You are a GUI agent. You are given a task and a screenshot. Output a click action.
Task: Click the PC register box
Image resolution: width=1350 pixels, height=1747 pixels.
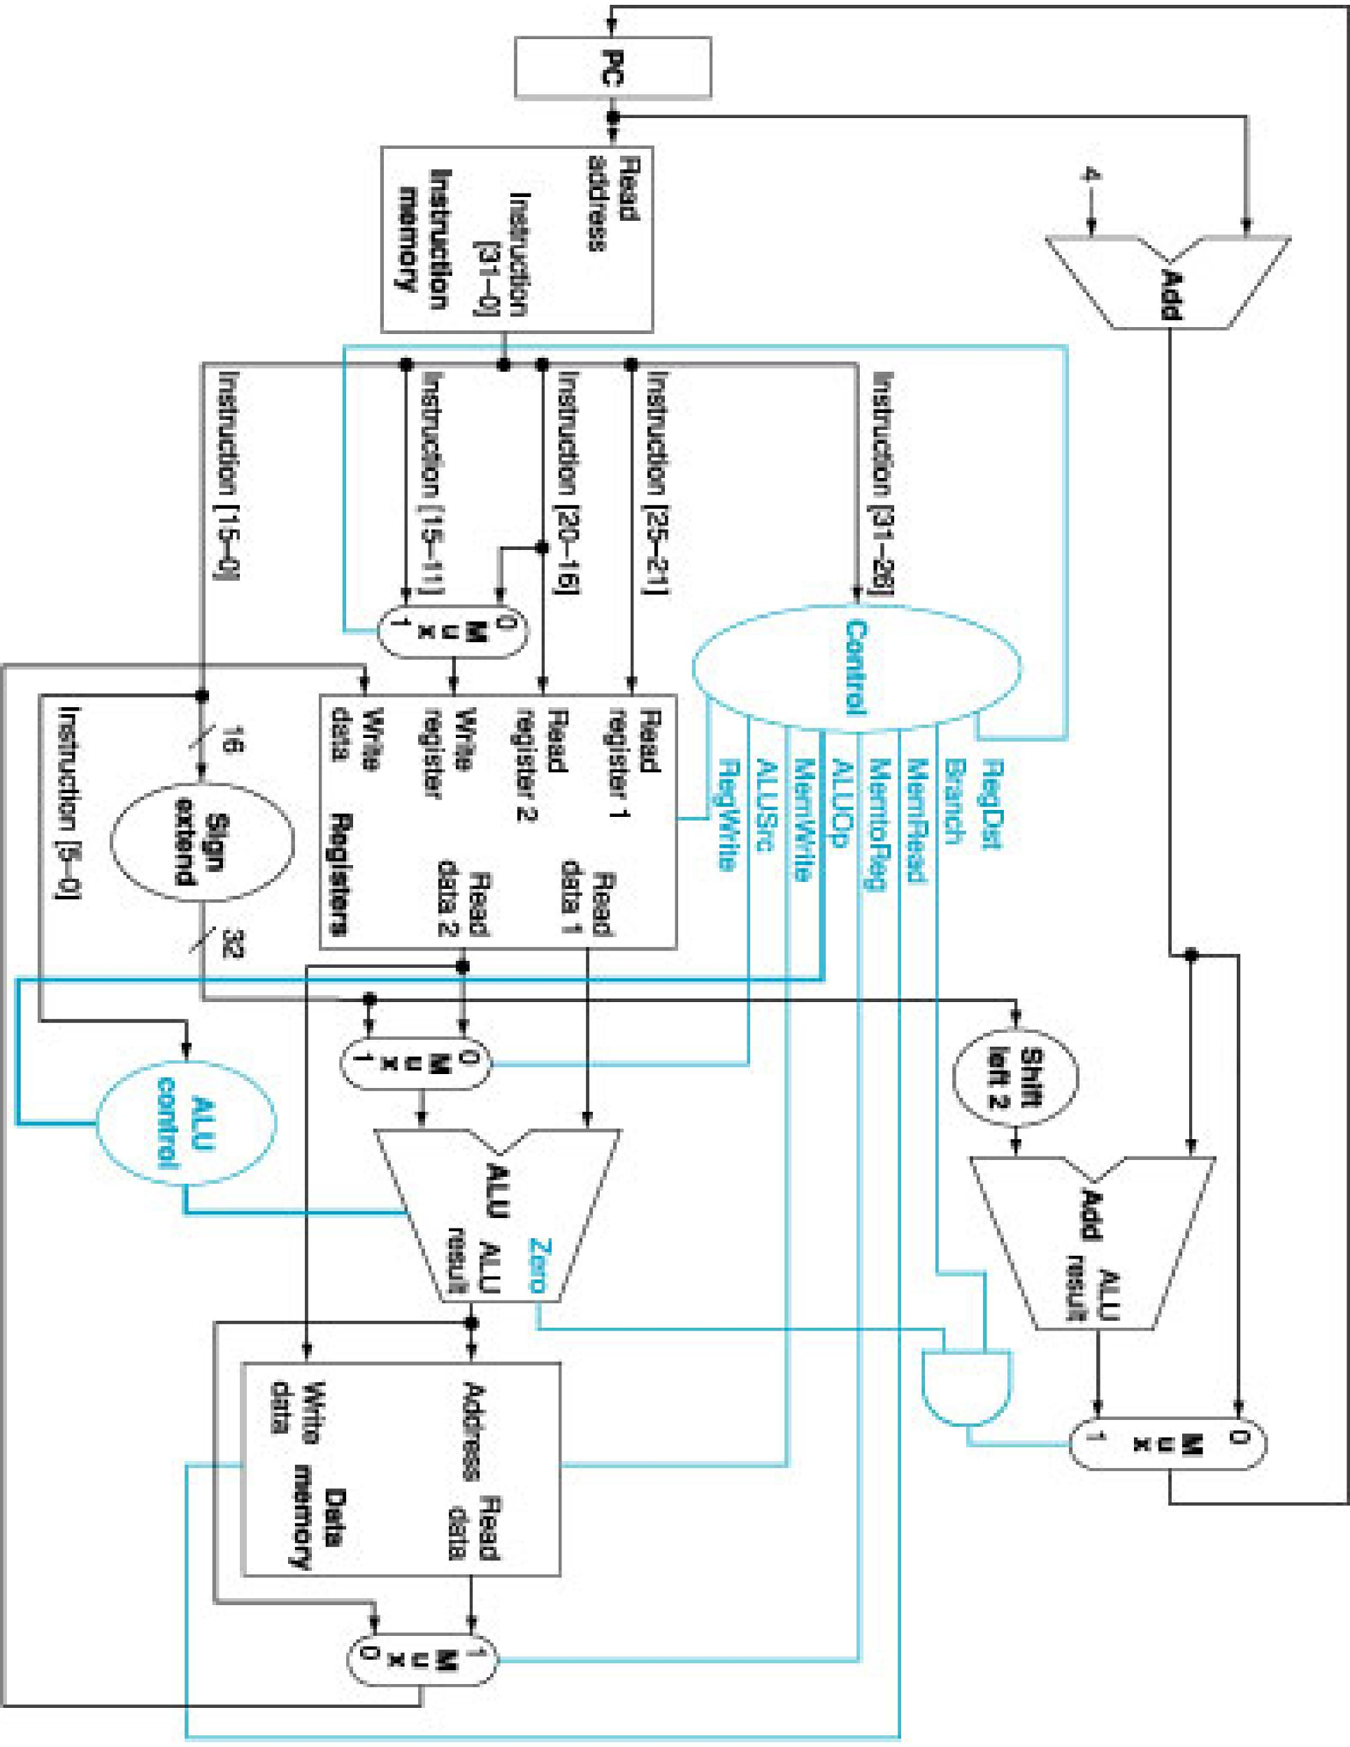pyautogui.click(x=612, y=67)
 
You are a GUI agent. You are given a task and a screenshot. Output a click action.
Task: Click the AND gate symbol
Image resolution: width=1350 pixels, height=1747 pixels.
pyautogui.click(x=965, y=1387)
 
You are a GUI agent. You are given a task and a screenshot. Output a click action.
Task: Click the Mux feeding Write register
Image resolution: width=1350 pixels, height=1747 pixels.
pyautogui.click(x=453, y=632)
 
